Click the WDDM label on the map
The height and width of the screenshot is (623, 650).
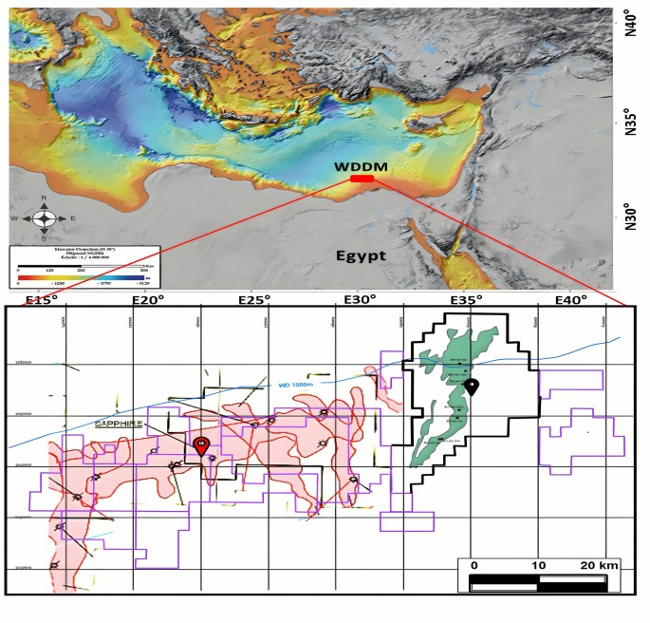point(360,166)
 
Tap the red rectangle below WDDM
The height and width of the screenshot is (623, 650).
point(362,179)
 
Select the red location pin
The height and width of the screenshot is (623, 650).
point(201,445)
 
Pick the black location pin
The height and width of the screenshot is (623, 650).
point(472,387)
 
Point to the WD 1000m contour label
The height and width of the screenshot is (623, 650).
point(297,385)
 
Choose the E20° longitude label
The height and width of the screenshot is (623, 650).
point(149,301)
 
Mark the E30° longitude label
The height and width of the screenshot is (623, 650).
point(362,301)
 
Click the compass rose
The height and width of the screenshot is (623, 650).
point(45,218)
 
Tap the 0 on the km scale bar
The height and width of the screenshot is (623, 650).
point(474,565)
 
